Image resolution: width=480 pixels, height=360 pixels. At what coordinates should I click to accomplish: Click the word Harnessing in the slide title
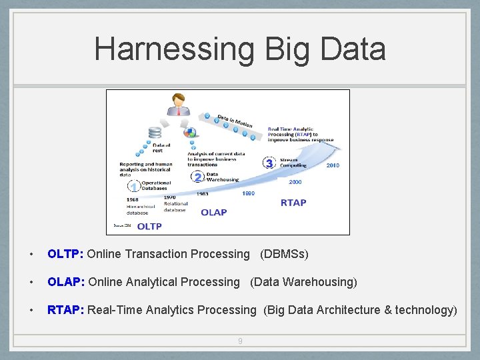pos(174,49)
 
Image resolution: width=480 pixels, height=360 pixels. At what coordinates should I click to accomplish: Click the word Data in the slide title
pos(354,49)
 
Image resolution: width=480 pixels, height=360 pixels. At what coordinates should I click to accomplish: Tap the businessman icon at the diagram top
pos(179,103)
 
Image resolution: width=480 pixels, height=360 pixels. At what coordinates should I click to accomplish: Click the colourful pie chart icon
pos(189,133)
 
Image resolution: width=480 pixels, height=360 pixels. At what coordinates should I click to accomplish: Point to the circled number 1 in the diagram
pos(133,187)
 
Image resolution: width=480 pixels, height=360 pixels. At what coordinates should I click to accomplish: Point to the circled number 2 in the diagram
pos(197,177)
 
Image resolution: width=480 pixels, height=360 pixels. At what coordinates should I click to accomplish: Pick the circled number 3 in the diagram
pos(269,163)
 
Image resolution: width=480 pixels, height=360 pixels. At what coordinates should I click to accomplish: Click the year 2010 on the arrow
pos(333,165)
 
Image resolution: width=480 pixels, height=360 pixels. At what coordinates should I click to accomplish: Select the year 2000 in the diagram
pos(295,181)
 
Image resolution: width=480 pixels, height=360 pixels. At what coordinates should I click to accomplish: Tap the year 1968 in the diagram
pos(133,199)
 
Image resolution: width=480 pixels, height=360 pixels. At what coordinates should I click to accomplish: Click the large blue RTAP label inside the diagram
pos(293,203)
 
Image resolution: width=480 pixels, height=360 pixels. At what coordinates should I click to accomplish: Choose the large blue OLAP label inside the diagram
pos(214,212)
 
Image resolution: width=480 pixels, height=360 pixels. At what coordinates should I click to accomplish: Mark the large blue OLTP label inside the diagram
pos(149,226)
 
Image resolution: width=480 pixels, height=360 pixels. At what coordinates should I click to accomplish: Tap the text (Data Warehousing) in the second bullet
pos(303,282)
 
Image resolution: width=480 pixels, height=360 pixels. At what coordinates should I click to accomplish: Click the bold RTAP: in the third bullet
pos(65,310)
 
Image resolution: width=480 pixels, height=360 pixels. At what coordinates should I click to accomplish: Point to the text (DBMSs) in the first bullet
pos(284,254)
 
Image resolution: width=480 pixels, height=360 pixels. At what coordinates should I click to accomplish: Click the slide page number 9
pos(240,341)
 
